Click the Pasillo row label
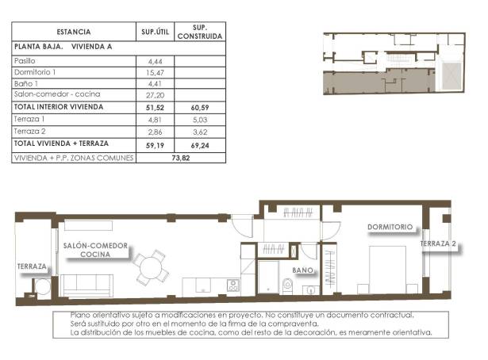click(x=26, y=60)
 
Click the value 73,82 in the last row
click(x=182, y=157)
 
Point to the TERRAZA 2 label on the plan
click(x=439, y=244)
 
